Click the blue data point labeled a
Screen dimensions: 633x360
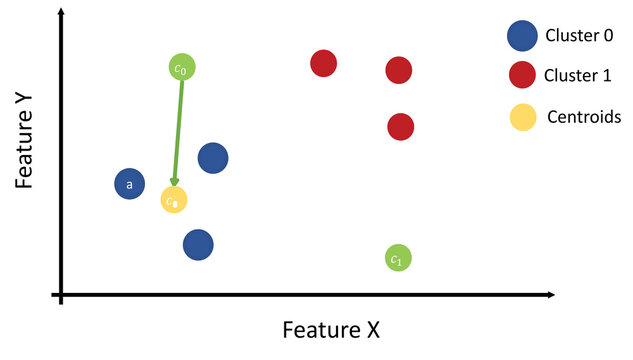coord(129,184)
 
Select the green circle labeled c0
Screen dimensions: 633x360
coord(181,67)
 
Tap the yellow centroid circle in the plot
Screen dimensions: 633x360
coord(174,200)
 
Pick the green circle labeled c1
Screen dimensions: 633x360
coord(397,258)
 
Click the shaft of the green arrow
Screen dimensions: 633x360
coord(178,130)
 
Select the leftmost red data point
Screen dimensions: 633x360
coord(323,64)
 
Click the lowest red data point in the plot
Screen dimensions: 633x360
coord(400,127)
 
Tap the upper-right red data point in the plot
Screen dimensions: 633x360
coord(398,70)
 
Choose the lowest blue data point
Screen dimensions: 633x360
coord(198,244)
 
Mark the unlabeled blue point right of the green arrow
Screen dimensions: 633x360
coord(212,158)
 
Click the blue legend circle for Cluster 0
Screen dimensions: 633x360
coord(521,37)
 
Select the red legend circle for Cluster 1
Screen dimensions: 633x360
coord(521,75)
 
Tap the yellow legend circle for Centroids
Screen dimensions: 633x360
coord(521,117)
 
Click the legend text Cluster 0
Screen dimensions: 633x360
coord(580,37)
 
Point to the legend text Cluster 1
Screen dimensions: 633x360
coord(580,75)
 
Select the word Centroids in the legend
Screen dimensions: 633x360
coord(584,117)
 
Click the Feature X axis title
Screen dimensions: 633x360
coord(331,329)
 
